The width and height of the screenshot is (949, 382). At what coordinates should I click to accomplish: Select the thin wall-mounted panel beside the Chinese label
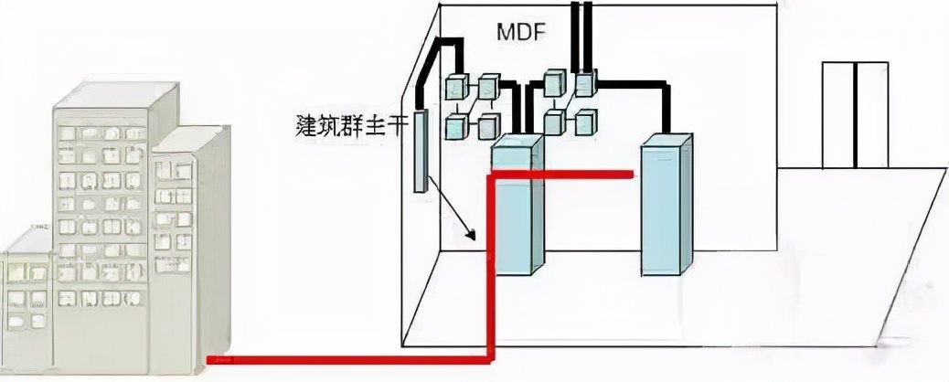[x=421, y=152]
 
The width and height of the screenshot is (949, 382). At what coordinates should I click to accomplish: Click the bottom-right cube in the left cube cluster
[x=487, y=126]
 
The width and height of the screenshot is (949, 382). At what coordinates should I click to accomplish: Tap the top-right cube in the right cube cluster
[x=585, y=84]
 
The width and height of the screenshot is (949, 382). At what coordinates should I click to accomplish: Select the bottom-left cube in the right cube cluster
[x=554, y=122]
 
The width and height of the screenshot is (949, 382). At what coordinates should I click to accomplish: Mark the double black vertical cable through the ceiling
[x=578, y=37]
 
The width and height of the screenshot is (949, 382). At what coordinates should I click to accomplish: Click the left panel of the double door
[x=838, y=114]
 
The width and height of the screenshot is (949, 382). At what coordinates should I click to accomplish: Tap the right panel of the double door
[x=871, y=114]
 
